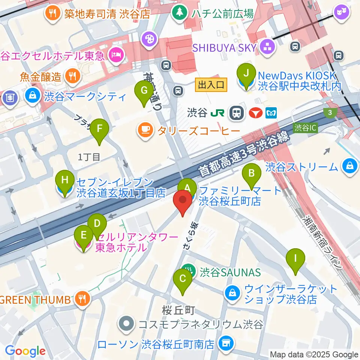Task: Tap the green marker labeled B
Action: pyautogui.click(x=252, y=173)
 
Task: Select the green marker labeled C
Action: pyautogui.click(x=183, y=279)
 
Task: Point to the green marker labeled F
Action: pyautogui.click(x=99, y=129)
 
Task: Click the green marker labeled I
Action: pyautogui.click(x=295, y=259)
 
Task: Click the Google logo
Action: pyautogui.click(x=25, y=351)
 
